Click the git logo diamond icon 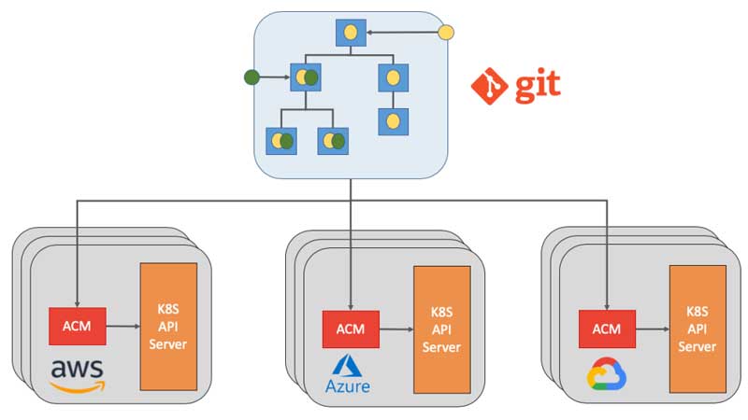point(489,85)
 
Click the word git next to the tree point(535,85)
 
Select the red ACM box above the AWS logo point(77,326)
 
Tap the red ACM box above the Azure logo point(351,329)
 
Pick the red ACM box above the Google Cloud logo point(607,328)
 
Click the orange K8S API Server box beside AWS point(168,327)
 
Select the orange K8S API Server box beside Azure point(442,329)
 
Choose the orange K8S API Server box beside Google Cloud point(698,328)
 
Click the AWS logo point(78,375)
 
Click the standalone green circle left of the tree point(251,77)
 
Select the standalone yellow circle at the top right point(446,34)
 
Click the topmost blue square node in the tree point(352,34)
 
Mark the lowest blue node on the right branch point(393,121)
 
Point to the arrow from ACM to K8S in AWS point(122,326)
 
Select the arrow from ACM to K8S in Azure point(396,329)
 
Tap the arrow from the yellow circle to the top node point(402,34)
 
